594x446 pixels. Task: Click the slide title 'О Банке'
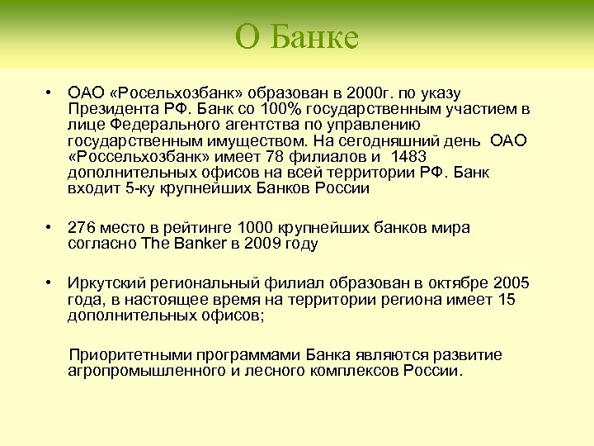297,36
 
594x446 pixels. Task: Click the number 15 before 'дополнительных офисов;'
506,299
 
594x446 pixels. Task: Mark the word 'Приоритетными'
124,355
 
